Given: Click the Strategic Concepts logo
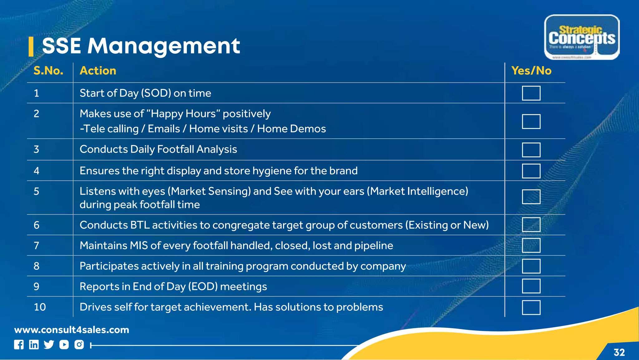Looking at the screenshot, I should [582, 37].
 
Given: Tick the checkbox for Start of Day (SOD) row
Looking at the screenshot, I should [531, 93].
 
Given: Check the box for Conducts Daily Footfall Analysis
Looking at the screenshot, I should [531, 150].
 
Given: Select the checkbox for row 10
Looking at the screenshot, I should [531, 308].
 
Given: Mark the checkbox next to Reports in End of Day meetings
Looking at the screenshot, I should [531, 286].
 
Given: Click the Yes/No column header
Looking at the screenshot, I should [531, 71].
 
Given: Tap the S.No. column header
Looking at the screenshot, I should [48, 71].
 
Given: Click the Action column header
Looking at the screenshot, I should [98, 71].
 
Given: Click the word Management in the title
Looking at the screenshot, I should [163, 46].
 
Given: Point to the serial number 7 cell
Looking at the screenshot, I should [37, 246].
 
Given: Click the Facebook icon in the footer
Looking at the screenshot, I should [19, 345].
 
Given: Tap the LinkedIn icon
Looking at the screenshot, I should [34, 345].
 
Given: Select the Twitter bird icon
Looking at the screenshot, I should [49, 345].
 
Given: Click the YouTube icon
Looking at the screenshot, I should [64, 345].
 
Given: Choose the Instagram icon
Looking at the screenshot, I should [79, 345].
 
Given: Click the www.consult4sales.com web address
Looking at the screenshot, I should [71, 330].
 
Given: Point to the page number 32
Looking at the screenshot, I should [619, 353].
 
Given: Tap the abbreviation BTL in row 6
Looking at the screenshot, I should [140, 225].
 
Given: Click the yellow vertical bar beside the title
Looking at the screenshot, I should [31, 47].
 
